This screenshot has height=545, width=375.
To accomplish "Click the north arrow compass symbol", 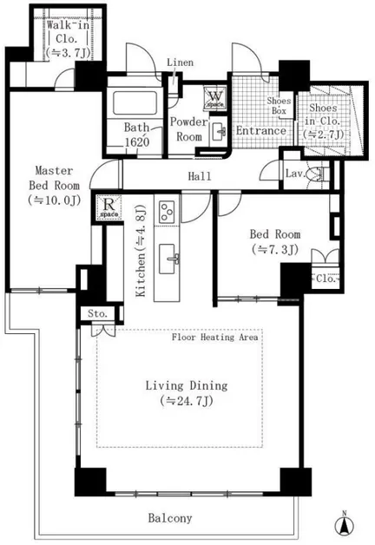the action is tap(344, 524).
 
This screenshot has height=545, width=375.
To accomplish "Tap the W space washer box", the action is tap(215, 98).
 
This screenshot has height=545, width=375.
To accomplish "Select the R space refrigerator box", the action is tap(109, 207).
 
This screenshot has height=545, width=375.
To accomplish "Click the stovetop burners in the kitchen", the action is tap(167, 211).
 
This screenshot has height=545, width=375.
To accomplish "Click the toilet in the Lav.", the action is tap(318, 173).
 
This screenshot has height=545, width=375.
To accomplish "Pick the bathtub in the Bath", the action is tap(135, 103).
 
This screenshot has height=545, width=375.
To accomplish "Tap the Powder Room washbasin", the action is tap(219, 132).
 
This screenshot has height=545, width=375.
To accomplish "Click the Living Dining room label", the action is tap(187, 393).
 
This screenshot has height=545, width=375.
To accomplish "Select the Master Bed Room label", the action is tap(54, 185).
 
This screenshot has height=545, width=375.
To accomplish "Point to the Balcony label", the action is tap(170, 518).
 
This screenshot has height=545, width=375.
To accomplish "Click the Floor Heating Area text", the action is tap(214, 337).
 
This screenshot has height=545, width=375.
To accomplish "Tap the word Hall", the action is tap(200, 176).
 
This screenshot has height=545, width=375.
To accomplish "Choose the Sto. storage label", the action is tap(98, 313).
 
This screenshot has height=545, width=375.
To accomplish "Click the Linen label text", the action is tap(180, 62).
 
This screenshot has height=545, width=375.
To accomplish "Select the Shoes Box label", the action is tap(279, 106).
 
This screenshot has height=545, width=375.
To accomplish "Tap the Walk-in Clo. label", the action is tap(68, 39).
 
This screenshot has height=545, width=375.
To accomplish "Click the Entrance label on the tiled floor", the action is tap(261, 131).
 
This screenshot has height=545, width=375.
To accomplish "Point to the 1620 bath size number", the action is tap(137, 141).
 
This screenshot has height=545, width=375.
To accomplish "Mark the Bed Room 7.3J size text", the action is tap(275, 249).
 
